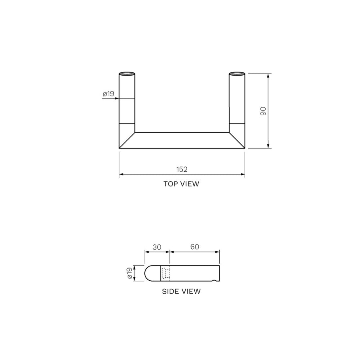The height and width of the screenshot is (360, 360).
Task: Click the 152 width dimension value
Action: [182, 169]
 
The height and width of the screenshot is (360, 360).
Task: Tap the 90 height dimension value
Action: [263, 111]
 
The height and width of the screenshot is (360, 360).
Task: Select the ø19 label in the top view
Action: [108, 94]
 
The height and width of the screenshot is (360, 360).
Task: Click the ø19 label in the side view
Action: [130, 274]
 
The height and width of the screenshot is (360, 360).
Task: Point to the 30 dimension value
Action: [157, 247]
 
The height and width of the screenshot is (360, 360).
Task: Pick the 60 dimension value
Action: [195, 247]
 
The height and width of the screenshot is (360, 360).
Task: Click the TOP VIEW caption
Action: [181, 184]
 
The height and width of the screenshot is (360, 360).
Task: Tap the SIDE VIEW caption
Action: [181, 291]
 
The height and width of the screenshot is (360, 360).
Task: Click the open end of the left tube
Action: [127, 74]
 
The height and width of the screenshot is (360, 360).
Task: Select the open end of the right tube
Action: [237, 74]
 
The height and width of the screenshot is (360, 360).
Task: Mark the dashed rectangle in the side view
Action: [166, 274]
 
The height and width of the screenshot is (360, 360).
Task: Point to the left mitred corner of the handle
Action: [127, 140]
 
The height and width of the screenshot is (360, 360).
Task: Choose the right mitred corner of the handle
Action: [237, 140]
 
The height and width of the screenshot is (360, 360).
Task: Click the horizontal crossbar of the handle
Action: [182, 140]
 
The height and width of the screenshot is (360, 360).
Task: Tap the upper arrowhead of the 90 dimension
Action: [268, 76]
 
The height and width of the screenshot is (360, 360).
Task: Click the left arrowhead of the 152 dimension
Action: [121, 174]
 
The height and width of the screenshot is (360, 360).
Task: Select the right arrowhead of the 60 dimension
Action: [218, 251]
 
